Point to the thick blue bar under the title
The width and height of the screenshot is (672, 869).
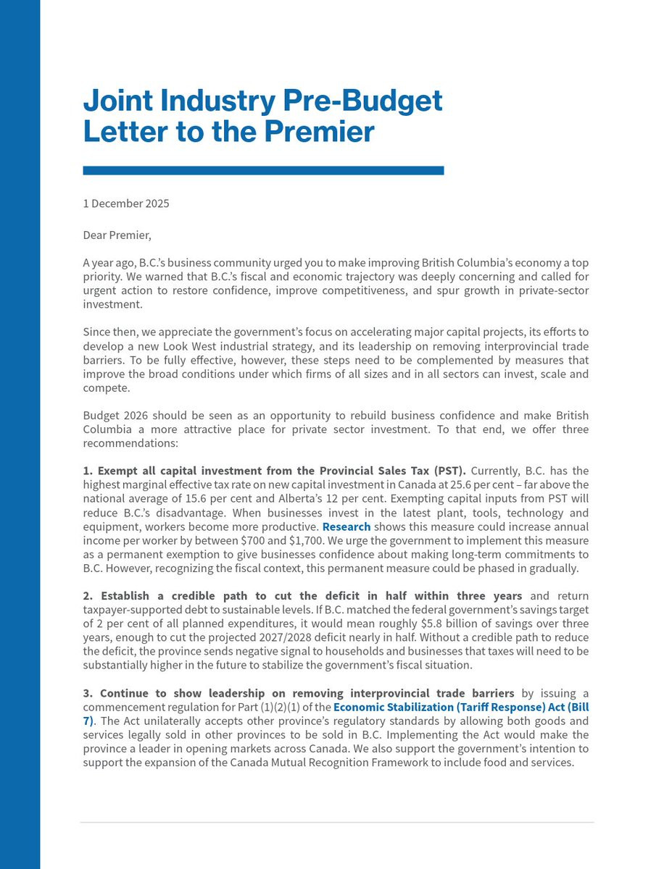tap(263, 171)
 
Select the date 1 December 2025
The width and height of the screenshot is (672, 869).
tap(126, 203)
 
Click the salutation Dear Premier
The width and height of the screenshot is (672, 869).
tap(117, 235)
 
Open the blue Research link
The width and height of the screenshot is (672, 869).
tap(347, 526)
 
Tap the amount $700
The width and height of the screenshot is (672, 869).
tap(254, 540)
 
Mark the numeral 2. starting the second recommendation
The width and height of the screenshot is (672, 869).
tap(88, 596)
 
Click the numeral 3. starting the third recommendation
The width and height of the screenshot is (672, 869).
tap(88, 693)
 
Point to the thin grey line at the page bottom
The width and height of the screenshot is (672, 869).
tap(336, 823)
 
